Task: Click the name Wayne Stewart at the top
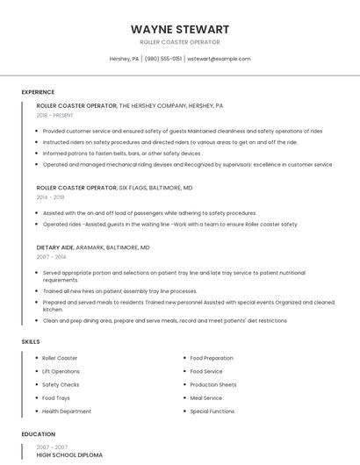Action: click(180, 29)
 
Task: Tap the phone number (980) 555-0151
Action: click(163, 59)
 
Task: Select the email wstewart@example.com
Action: click(220, 59)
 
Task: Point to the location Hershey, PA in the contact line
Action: click(124, 59)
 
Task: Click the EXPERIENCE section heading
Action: click(38, 92)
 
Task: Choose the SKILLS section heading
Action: click(31, 341)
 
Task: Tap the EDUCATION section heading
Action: click(39, 434)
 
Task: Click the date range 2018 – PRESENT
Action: click(56, 115)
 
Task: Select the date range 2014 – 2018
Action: click(50, 197)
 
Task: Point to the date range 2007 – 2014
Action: click(50, 257)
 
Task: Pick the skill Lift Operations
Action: click(61, 371)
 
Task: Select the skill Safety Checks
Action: click(61, 384)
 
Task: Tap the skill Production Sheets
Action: click(212, 384)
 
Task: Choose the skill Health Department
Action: click(67, 411)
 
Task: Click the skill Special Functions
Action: click(212, 411)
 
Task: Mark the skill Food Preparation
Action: click(212, 358)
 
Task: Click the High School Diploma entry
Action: click(69, 455)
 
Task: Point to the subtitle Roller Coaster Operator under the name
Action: click(180, 42)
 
